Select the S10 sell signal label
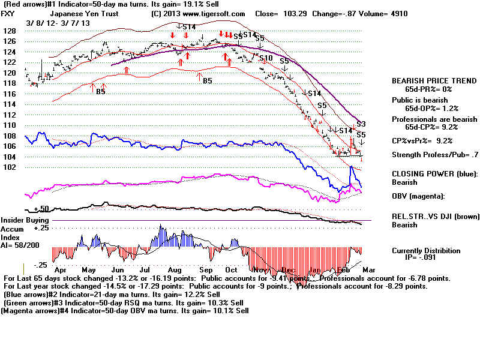(x=266, y=58)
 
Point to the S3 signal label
(x=361, y=124)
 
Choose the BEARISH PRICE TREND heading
(x=426, y=80)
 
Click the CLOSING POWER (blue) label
(x=428, y=172)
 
